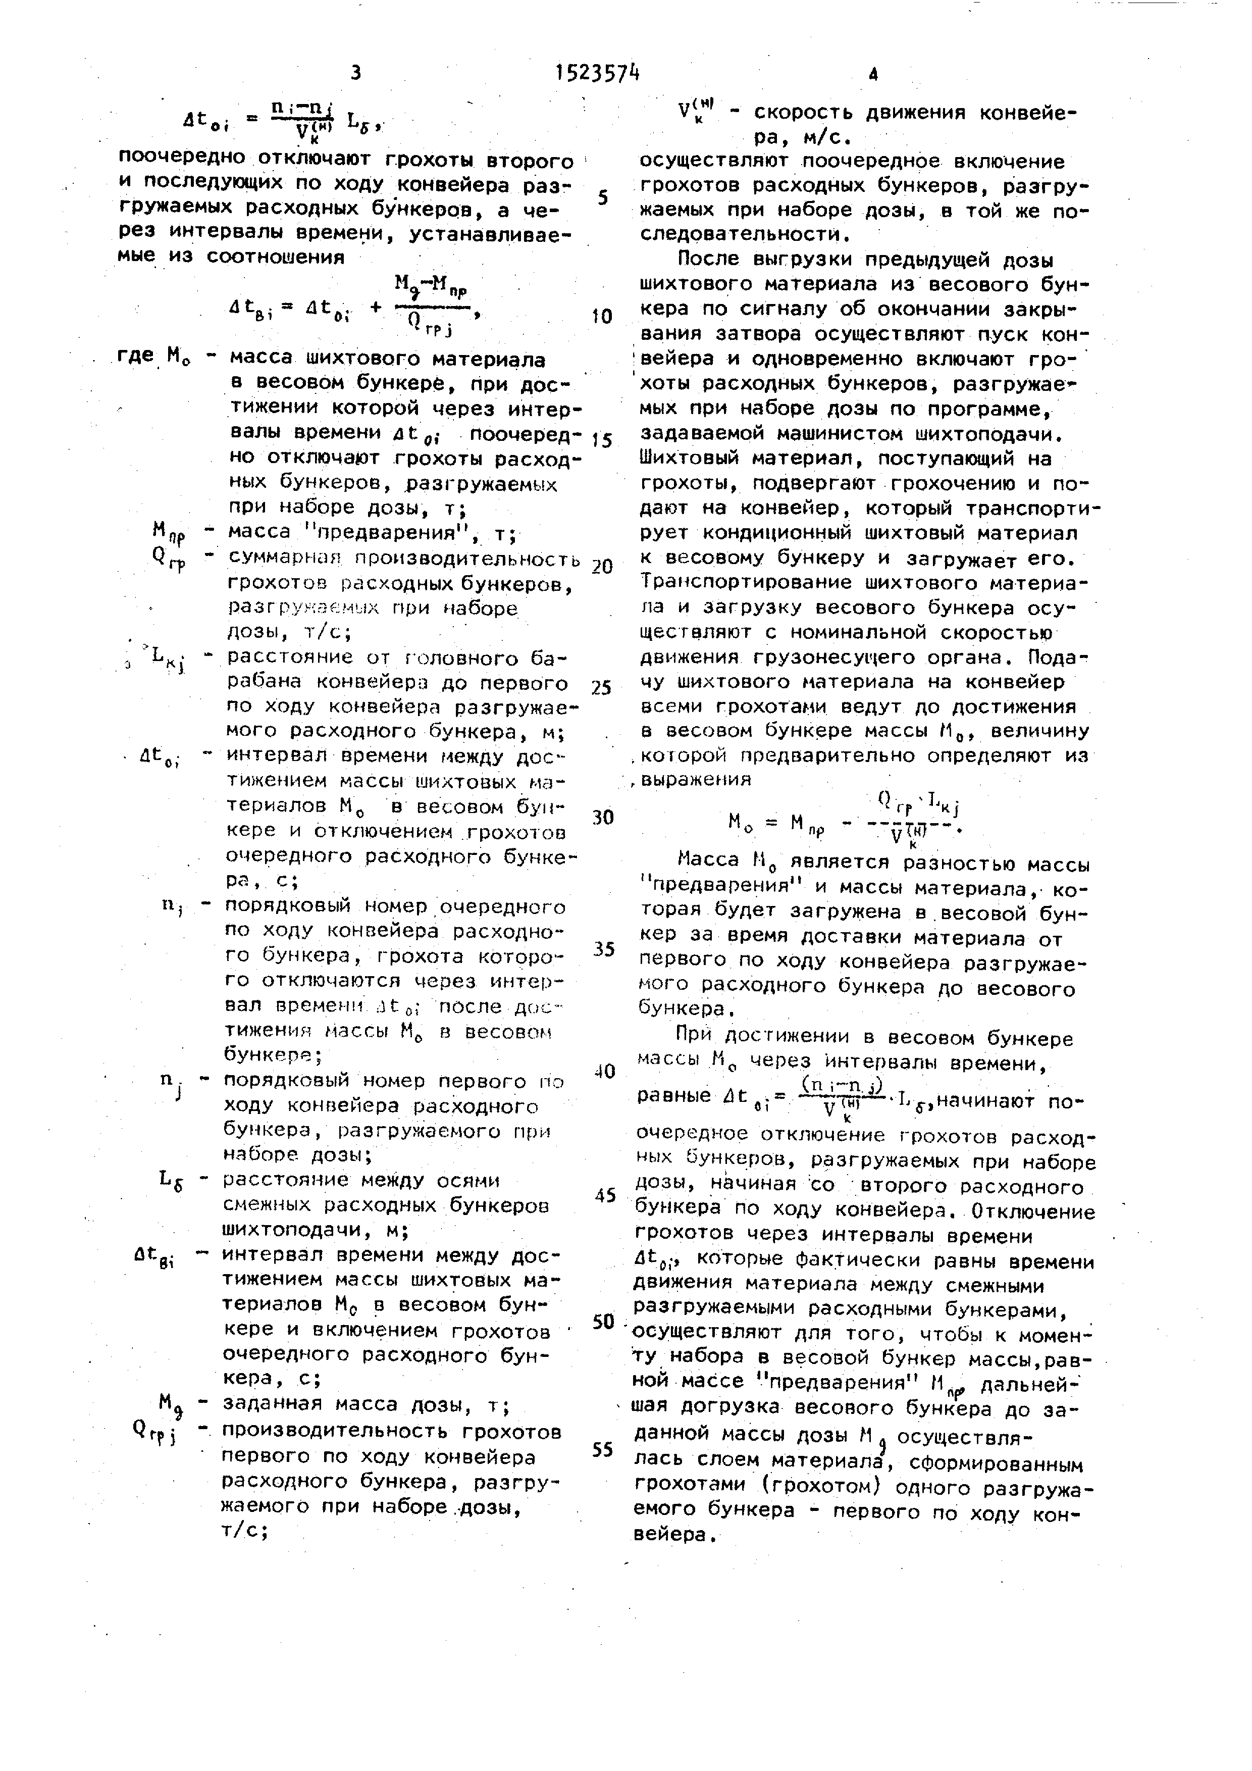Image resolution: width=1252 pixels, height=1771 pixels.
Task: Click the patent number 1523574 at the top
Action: (597, 73)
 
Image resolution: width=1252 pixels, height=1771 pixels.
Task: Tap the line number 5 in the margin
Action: (603, 197)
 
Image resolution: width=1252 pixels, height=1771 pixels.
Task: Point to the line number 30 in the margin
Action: (603, 817)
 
